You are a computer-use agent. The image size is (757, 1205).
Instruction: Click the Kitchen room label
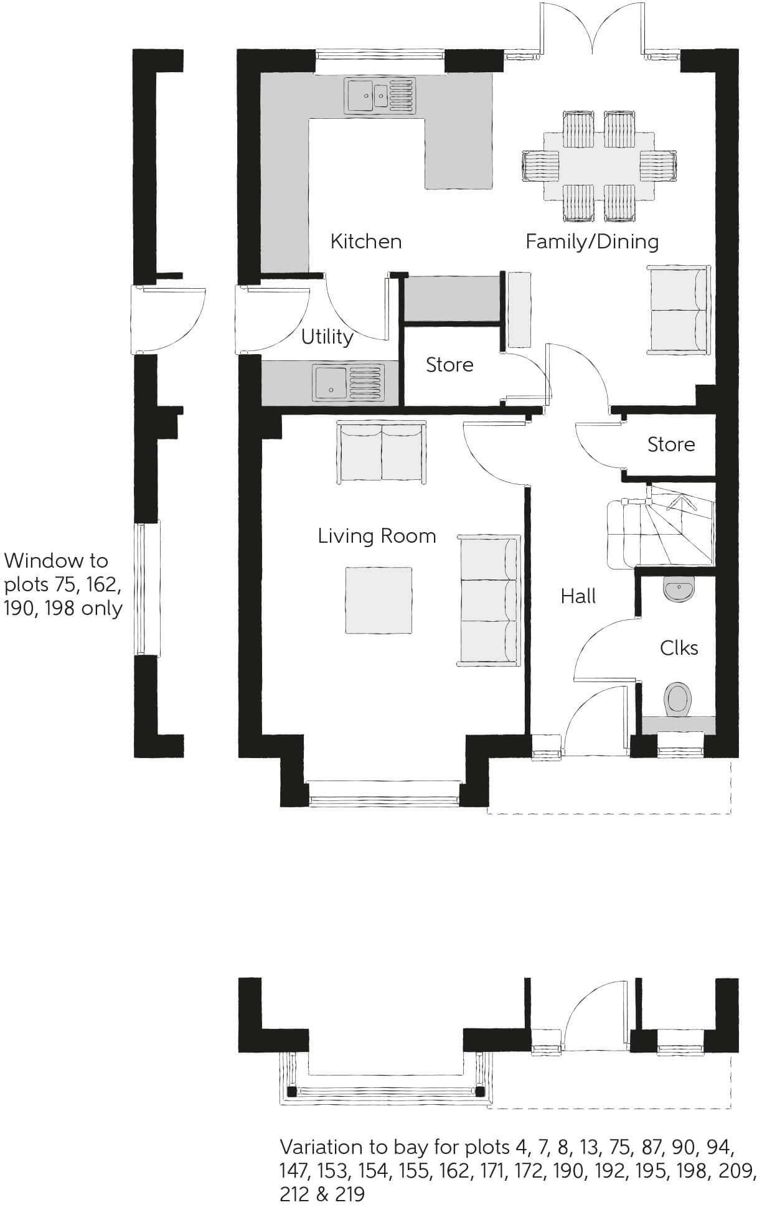pyautogui.click(x=365, y=241)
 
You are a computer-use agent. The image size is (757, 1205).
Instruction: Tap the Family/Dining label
pyautogui.click(x=591, y=241)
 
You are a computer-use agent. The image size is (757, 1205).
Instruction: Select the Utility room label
pyautogui.click(x=327, y=337)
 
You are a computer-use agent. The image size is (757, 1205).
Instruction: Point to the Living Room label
pyautogui.click(x=377, y=536)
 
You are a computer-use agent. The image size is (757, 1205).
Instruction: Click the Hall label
pyautogui.click(x=578, y=596)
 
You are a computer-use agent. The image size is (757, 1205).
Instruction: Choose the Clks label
pyautogui.click(x=679, y=648)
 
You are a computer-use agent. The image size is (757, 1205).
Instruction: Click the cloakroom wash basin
pyautogui.click(x=679, y=589)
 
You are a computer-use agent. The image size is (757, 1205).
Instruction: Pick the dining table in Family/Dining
pyautogui.click(x=599, y=166)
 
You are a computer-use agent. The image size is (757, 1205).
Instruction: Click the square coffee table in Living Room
pyautogui.click(x=378, y=599)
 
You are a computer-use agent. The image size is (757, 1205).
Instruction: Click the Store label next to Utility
pyautogui.click(x=449, y=365)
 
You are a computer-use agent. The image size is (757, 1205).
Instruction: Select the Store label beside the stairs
pyautogui.click(x=670, y=444)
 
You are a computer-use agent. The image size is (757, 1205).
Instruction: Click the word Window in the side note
pyautogui.click(x=56, y=561)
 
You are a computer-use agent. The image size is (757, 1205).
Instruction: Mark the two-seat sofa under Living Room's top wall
pyautogui.click(x=382, y=451)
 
